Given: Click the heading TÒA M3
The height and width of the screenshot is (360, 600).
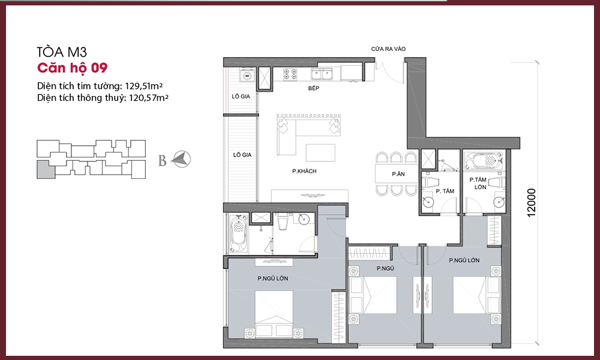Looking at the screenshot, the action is click(62, 52).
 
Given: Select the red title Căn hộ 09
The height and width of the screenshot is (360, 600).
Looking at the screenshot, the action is click(73, 68).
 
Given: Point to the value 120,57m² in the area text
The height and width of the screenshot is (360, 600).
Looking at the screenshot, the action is click(148, 98).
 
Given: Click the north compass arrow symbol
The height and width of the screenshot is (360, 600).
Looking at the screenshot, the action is click(181, 159).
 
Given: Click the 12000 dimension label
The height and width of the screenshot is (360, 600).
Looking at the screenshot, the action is click(531, 203).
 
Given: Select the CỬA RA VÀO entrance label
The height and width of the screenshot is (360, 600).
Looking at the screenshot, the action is click(388, 49).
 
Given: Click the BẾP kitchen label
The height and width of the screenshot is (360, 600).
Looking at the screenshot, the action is click(314, 88).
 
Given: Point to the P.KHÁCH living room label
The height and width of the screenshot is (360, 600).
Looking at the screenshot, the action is click(304, 172).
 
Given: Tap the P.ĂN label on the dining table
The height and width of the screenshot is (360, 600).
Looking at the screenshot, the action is click(398, 174).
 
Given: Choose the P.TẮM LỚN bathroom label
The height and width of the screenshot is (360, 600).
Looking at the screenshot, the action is click(478, 183).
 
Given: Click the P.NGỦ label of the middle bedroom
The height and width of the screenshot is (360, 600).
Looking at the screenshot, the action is click(385, 269).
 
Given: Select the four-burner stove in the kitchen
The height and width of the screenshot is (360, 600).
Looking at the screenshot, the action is click(290, 74).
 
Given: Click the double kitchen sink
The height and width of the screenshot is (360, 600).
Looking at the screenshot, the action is click(322, 74).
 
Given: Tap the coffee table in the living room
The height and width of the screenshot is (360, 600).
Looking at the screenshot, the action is click(320, 152).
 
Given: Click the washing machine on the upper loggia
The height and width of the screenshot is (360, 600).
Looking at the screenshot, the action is click(247, 76).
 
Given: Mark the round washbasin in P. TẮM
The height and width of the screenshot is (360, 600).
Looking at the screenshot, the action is click(428, 202).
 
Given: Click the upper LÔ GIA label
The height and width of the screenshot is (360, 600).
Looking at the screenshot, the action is click(241, 97).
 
